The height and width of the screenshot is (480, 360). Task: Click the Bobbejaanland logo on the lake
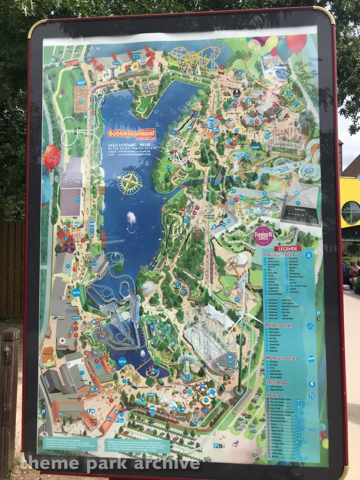(x=131, y=133)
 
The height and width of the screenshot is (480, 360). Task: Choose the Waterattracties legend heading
(x=281, y=358)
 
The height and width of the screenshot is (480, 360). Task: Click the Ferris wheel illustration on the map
(x=178, y=150)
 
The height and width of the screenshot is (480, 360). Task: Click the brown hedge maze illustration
(x=80, y=98)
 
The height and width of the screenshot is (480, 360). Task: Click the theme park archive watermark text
(x=112, y=464)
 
